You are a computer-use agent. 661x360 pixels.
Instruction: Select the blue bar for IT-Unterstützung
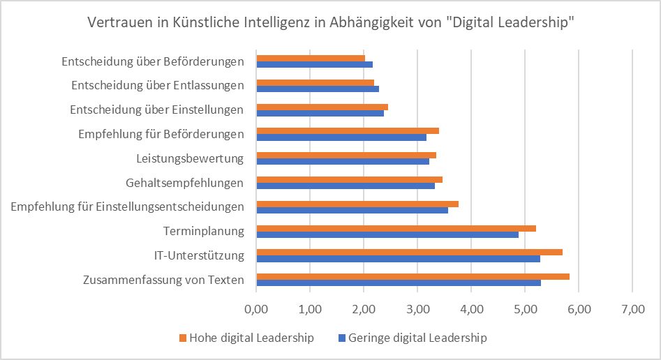(x=398, y=259)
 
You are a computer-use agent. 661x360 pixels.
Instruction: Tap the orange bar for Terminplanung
(x=396, y=228)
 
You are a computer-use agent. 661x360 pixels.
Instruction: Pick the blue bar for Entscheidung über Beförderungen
(x=314, y=64)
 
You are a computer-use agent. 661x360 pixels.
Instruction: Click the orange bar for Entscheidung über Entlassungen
(x=315, y=82)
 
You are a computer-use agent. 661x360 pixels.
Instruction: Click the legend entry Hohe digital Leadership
(x=246, y=338)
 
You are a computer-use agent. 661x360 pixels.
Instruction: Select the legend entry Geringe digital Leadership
(x=416, y=338)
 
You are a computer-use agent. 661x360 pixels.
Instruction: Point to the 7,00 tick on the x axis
(x=632, y=307)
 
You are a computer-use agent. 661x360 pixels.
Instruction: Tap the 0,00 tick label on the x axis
(x=257, y=307)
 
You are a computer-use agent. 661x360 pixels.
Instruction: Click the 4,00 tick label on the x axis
(x=471, y=307)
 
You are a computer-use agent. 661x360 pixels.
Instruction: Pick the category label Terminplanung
(x=204, y=231)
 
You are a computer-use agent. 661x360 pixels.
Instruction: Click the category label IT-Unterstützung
(x=199, y=255)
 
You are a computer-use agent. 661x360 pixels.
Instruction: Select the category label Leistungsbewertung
(x=190, y=158)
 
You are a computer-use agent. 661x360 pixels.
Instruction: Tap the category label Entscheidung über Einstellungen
(x=157, y=110)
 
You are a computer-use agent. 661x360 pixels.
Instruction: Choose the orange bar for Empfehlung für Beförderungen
(x=348, y=130)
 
